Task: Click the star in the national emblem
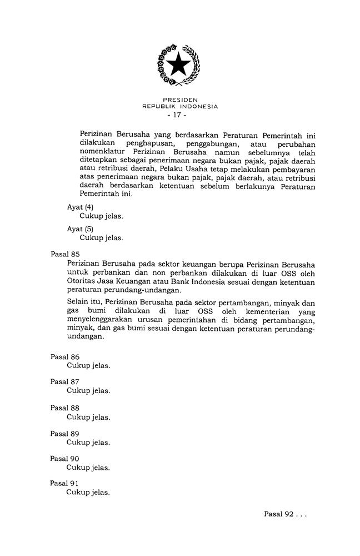click(x=179, y=66)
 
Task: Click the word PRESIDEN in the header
click(x=180, y=100)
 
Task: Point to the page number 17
click(x=179, y=115)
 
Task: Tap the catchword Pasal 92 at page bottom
click(x=278, y=514)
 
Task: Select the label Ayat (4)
click(x=80, y=207)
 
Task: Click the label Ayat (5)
click(x=80, y=229)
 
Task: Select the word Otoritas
click(x=81, y=282)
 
